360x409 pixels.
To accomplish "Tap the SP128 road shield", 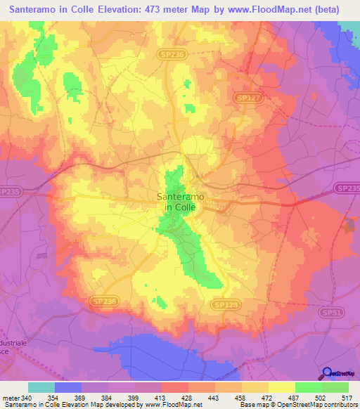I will [224, 304].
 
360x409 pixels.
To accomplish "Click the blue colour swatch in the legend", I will [68, 387].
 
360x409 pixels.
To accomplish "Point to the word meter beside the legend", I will [10, 398].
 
